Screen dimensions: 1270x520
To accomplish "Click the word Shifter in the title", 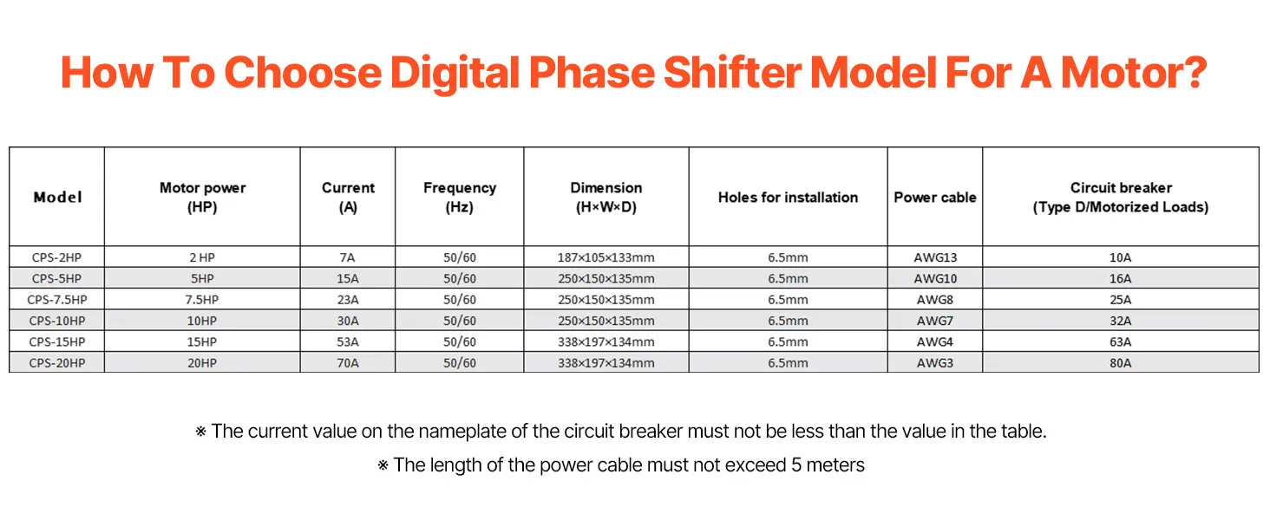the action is pos(732,73).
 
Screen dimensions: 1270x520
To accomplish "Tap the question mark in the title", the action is pos(1194,73).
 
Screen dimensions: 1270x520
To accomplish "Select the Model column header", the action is pos(57,197).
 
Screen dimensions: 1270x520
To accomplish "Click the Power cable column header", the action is pos(935,197).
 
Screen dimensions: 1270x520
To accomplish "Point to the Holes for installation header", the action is pos(788,197).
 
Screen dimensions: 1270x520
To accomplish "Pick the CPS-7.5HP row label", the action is pos(57,300).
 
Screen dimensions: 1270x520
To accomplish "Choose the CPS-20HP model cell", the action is pos(57,363).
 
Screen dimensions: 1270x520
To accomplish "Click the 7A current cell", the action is pos(348,257).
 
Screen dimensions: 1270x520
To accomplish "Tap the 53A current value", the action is pos(348,342).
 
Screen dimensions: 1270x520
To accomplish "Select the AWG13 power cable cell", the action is pos(935,257).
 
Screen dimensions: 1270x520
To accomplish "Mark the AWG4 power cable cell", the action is pos(935,342).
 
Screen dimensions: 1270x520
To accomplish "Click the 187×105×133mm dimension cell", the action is pos(606,257).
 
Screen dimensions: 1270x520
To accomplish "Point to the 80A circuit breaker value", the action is pos(1120,363).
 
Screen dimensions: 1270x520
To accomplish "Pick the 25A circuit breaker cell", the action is pos(1120,300).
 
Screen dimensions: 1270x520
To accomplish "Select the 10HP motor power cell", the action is pos(202,322).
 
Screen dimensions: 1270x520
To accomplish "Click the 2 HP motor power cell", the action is pos(202,257).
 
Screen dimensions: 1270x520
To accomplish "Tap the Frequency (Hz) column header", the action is pos(460,197).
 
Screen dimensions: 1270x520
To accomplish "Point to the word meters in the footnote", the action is pos(835,465).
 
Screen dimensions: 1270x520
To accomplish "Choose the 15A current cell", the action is pos(348,279).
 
